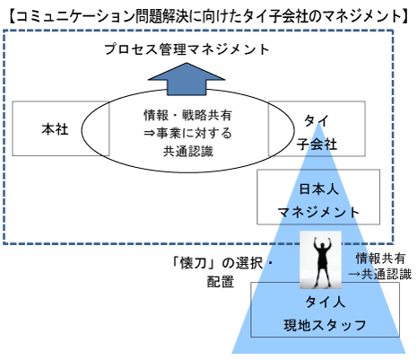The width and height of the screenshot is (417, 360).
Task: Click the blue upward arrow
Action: pyautogui.click(x=187, y=79)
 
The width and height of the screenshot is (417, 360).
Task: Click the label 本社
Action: pyautogui.click(x=55, y=129)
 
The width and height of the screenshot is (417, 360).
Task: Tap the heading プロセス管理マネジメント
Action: pyautogui.click(x=187, y=49)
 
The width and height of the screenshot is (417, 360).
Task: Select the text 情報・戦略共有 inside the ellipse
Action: pyautogui.click(x=187, y=115)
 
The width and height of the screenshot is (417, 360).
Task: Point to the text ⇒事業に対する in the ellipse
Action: pyautogui.click(x=187, y=133)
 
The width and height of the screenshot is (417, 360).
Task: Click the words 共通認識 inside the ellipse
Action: pyautogui.click(x=188, y=151)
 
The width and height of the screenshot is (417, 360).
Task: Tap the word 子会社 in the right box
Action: pyautogui.click(x=317, y=145)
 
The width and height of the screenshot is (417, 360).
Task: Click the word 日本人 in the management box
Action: pyautogui.click(x=318, y=189)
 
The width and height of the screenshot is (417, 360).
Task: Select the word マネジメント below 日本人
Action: pyautogui.click(x=318, y=212)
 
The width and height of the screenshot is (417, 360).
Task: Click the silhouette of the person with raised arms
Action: pyautogui.click(x=321, y=259)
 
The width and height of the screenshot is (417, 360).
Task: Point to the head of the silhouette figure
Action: pyautogui.click(x=321, y=246)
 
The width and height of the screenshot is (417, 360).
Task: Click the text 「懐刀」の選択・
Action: pyautogui.click(x=222, y=263)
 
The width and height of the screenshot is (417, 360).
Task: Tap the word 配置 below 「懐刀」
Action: pyautogui.click(x=221, y=282)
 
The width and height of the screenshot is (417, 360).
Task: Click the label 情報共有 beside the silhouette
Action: pyautogui.click(x=380, y=259)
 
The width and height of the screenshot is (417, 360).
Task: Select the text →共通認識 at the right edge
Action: pyautogui.click(x=380, y=274)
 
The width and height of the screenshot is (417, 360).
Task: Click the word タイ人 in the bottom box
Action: pyautogui.click(x=325, y=302)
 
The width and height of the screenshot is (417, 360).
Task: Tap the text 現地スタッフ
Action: pyautogui.click(x=325, y=325)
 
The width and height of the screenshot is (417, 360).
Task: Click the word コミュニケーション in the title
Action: pyautogui.click(x=74, y=16)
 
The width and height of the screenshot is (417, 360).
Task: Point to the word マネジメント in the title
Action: pyautogui.click(x=353, y=16)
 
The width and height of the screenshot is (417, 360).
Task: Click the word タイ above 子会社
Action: pyautogui.click(x=317, y=121)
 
